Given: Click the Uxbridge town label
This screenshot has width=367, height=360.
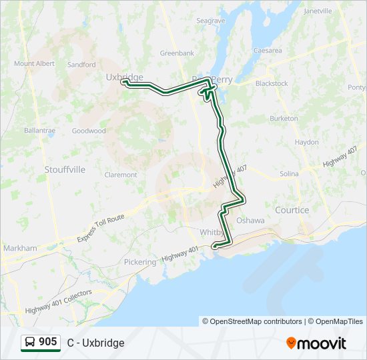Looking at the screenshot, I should (124, 77).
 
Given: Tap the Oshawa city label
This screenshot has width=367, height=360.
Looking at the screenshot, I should (251, 221).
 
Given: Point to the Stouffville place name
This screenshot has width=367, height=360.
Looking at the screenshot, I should (65, 169).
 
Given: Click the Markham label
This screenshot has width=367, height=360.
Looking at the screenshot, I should (20, 248).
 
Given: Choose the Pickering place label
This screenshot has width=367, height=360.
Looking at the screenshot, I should (139, 262).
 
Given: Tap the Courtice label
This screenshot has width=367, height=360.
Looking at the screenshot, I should (292, 210).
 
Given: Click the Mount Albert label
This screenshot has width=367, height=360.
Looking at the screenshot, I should (34, 64).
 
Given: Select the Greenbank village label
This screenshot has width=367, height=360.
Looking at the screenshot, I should (177, 53).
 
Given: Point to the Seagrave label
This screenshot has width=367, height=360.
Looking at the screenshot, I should (211, 21).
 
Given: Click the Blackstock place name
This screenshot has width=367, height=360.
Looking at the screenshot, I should (272, 83).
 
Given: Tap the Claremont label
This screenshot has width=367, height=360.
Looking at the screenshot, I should (121, 175).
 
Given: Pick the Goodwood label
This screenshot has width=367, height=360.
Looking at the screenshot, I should (89, 131).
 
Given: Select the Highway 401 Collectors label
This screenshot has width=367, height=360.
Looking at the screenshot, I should (59, 301).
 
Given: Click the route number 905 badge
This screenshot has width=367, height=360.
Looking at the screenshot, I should (47, 342).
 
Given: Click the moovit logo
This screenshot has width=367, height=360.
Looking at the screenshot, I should (316, 343).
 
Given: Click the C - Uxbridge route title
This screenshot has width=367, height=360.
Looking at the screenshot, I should (95, 343).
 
